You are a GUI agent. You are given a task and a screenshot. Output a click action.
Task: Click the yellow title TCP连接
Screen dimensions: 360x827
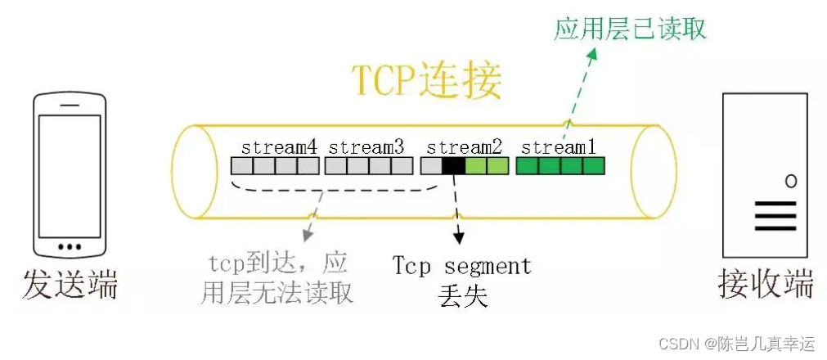(x=426, y=81)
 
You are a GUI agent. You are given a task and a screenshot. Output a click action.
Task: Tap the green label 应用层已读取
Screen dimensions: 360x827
(x=630, y=29)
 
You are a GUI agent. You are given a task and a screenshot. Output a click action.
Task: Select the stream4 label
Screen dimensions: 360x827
(x=279, y=147)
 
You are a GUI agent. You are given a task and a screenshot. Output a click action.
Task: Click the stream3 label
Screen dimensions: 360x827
(x=366, y=147)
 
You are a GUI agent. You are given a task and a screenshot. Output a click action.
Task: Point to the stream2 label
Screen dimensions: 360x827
(x=464, y=147)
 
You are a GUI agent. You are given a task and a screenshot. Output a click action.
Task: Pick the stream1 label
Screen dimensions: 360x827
(x=559, y=147)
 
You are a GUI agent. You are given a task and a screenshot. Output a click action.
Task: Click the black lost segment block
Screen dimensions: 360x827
(x=452, y=166)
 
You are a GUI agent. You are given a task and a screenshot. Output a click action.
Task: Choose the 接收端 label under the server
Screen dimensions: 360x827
(x=766, y=285)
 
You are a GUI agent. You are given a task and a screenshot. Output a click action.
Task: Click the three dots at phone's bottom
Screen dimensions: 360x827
(x=70, y=245)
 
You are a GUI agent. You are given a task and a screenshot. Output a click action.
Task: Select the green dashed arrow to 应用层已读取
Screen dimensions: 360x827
(x=578, y=89)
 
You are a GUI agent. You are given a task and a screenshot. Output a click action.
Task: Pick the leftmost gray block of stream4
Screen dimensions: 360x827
(x=241, y=166)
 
